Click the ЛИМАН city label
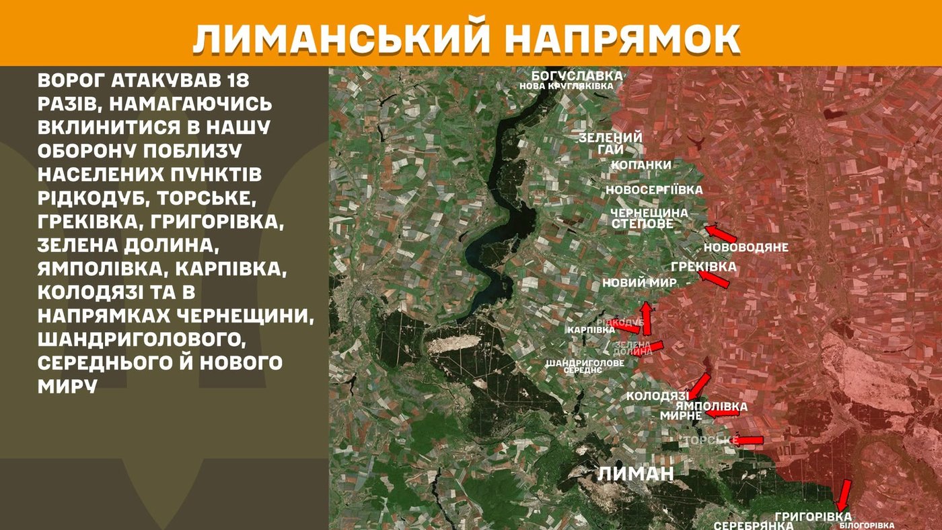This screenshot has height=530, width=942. coord(635,473)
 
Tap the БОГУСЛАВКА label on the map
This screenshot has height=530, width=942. coord(577,75)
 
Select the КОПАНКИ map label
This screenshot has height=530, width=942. coord(640,165)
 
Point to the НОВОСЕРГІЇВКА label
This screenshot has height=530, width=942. coord(654,190)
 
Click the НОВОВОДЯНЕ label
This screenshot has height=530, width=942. coord(746,247)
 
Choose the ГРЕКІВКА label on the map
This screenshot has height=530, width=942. coord(703,267)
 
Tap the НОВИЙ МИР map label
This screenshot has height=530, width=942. coord(639,283)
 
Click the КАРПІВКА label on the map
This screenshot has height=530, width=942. coord(591,330)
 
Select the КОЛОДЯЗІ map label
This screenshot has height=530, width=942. coord(657,396)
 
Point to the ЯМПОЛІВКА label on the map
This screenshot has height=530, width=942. coord(711,407)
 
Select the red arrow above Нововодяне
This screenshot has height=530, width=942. coord(721,233)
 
